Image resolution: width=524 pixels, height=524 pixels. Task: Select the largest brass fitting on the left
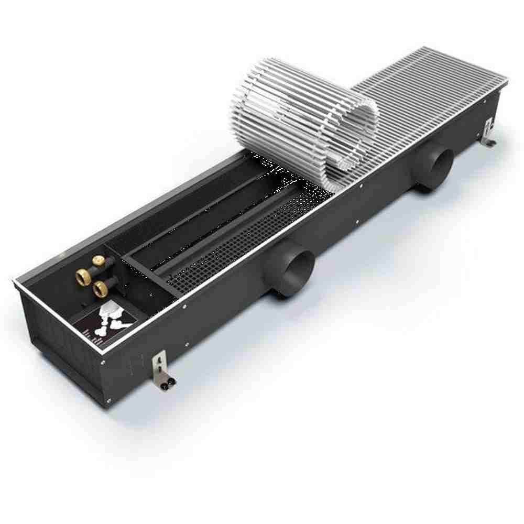(x=83, y=276)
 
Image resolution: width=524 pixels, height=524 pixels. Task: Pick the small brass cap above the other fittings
(x=97, y=259)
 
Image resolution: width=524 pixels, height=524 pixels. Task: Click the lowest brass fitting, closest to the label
(x=99, y=287)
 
